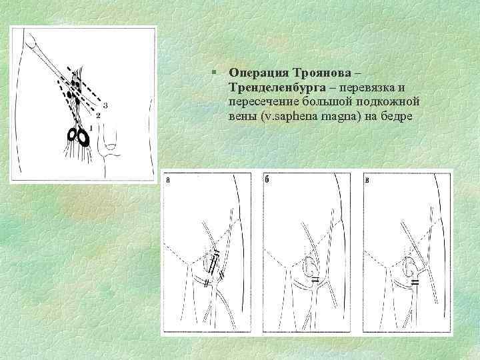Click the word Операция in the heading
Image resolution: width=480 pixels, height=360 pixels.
[259, 73]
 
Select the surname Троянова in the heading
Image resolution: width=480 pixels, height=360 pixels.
[323, 73]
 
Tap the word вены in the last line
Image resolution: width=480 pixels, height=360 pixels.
[243, 116]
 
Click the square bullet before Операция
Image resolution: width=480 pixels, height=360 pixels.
[214, 72]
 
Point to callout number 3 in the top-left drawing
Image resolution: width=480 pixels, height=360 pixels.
[105, 105]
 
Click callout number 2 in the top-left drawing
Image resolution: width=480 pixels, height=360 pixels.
[98, 115]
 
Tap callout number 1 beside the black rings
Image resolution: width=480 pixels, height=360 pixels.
[91, 127]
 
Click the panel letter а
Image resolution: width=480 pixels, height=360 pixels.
[168, 180]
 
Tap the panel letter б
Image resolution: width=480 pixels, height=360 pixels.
[267, 180]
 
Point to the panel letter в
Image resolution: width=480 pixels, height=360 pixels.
[367, 180]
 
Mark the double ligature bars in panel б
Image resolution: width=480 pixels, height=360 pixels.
[315, 279]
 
